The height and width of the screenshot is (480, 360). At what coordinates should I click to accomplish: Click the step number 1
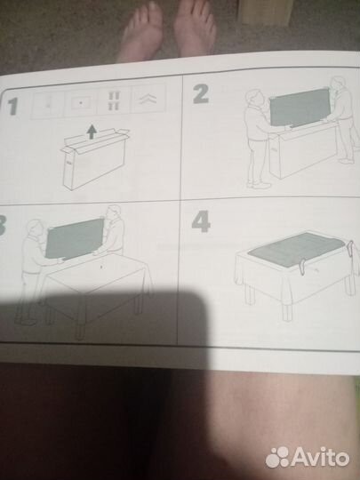click(12, 107)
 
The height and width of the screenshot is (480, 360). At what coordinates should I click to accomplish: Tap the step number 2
click(201, 93)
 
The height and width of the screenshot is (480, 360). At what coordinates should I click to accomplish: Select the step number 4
click(201, 221)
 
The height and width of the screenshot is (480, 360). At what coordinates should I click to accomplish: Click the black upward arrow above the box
click(92, 132)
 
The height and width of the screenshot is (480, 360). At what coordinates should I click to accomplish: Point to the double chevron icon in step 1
click(148, 100)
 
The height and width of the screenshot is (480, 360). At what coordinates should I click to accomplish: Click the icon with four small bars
click(114, 100)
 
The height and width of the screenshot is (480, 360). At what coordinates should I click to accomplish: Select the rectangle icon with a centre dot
click(81, 102)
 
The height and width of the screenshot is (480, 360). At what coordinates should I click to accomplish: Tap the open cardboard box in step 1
click(94, 158)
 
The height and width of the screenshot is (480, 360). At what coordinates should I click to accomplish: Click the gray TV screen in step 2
click(300, 108)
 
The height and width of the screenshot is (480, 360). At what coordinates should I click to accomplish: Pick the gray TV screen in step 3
click(75, 238)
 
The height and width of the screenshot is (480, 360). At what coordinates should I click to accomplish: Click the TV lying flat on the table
click(296, 249)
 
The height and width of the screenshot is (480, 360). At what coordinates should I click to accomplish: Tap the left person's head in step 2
click(255, 98)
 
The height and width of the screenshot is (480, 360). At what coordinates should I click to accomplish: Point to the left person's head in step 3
click(35, 228)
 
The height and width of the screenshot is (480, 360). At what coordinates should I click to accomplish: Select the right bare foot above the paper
click(195, 28)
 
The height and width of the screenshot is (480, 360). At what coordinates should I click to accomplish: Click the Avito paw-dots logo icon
click(277, 458)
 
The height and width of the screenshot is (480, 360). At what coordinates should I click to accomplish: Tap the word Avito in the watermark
click(320, 458)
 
